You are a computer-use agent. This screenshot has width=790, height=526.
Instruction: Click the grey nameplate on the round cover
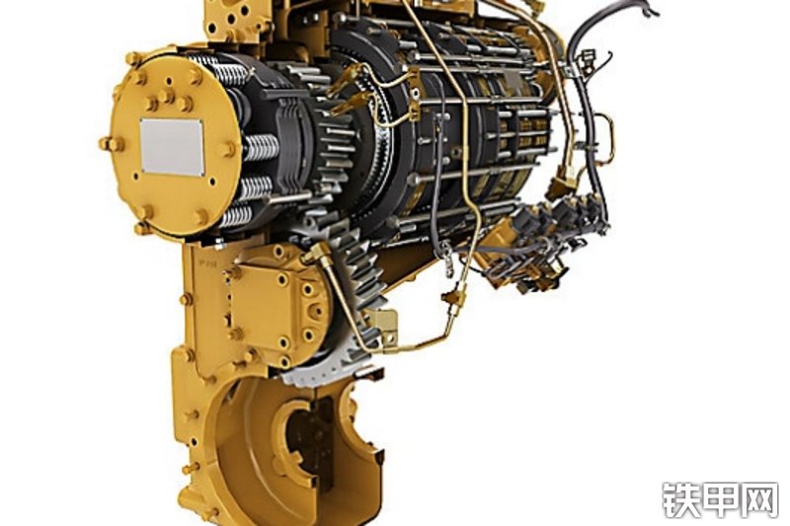tap(172, 147)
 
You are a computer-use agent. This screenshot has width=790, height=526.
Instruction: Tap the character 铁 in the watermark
tap(680, 499)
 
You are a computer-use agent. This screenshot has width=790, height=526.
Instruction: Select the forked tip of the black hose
tap(649, 8)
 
